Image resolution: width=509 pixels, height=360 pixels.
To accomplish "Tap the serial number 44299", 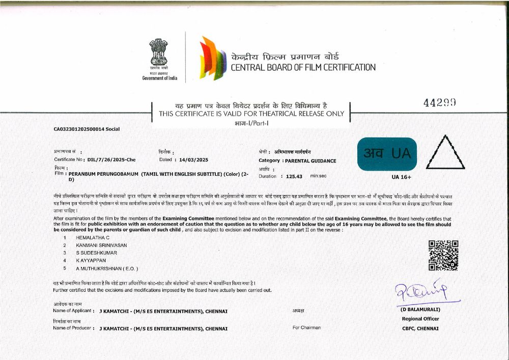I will click(x=439, y=102).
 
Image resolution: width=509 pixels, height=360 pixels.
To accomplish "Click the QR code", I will click(x=443, y=255).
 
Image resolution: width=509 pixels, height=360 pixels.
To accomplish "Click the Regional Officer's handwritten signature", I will click(x=421, y=292).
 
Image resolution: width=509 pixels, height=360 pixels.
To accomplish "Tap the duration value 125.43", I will click(x=294, y=176).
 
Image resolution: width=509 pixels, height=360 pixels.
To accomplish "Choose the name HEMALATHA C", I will click(x=93, y=238).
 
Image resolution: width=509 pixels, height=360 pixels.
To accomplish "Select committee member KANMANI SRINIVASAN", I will click(x=101, y=245).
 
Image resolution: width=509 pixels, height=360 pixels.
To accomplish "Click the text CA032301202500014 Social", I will click(x=87, y=129).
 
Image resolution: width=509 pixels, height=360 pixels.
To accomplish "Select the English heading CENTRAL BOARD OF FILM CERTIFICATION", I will click(x=303, y=67).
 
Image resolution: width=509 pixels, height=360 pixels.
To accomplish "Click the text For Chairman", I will click(x=306, y=328).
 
